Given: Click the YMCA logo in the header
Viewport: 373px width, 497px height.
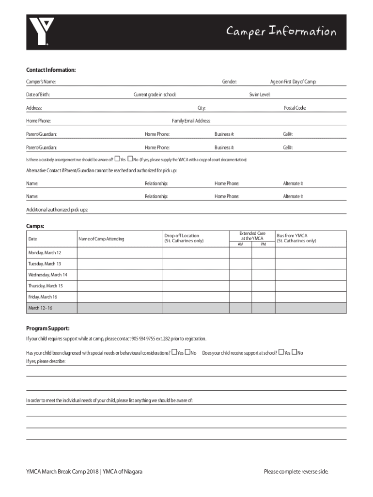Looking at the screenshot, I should click(39, 32).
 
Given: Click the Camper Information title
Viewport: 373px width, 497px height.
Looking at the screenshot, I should click(281, 32).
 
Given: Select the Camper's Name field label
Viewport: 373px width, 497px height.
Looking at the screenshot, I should click(40, 82).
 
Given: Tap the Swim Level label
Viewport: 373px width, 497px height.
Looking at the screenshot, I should click(260, 95).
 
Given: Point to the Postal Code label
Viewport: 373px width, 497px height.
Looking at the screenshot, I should click(295, 108).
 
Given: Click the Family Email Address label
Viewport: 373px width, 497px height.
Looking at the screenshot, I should click(191, 121).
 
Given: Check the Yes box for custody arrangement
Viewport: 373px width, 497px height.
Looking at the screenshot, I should click(117, 159).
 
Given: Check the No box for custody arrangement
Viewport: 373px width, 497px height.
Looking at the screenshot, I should click(130, 159).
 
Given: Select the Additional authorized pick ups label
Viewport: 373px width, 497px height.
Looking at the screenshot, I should click(57, 210).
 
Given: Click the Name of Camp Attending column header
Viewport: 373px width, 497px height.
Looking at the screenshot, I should click(101, 239).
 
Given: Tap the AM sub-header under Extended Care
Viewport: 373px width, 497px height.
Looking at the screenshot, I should click(240, 244).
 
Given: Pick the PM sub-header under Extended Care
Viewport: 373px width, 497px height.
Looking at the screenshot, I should click(264, 244).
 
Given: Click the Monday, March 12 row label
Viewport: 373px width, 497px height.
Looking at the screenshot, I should click(45, 253).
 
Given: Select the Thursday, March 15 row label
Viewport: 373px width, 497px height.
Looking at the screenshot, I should click(45, 286).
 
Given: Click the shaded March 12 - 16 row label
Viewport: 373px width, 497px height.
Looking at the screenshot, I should click(40, 308).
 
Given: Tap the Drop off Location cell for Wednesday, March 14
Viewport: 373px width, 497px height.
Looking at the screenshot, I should click(196, 275).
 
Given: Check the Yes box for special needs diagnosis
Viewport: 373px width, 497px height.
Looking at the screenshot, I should click(174, 352).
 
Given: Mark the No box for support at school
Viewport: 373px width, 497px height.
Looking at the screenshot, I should click(294, 352).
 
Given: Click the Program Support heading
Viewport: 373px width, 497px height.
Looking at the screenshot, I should click(47, 328).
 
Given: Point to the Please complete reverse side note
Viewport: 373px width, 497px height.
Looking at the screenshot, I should click(296, 472).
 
